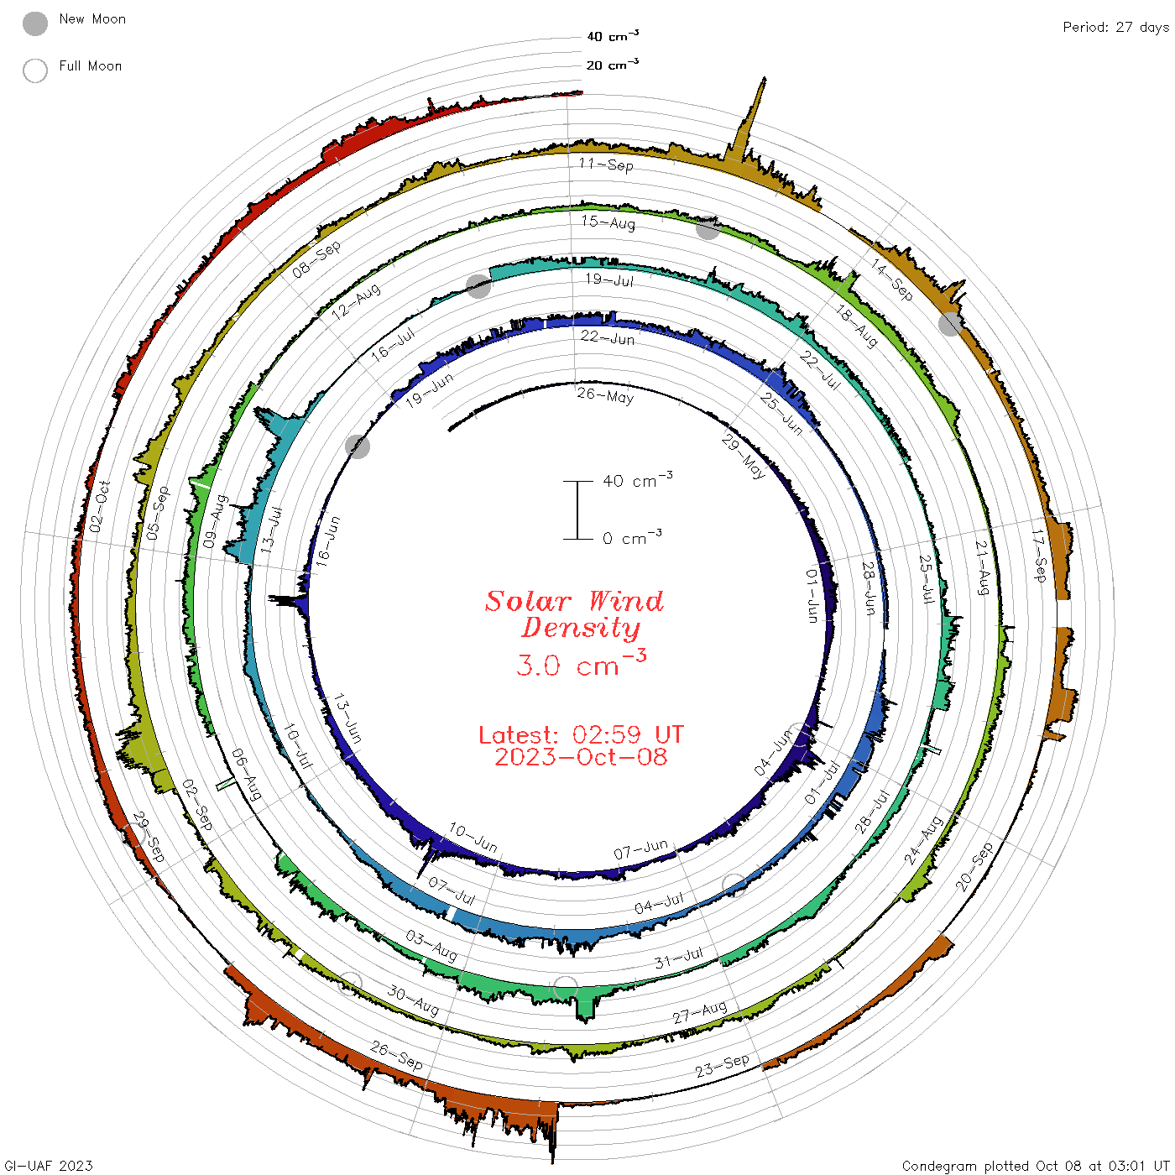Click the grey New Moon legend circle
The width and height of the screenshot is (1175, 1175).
coord(35,23)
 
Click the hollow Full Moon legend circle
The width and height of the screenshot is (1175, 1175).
coord(35,70)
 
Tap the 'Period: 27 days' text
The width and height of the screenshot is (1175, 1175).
coord(1116,28)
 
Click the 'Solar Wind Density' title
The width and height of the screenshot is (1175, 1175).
coord(575,614)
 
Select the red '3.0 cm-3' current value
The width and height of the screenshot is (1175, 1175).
coord(581,664)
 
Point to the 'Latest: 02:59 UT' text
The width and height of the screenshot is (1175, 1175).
coord(581,734)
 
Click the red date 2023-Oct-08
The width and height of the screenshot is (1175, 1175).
coord(581,757)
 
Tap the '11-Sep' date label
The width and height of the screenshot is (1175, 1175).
coord(606,164)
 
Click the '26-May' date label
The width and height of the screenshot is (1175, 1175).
coord(605,395)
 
